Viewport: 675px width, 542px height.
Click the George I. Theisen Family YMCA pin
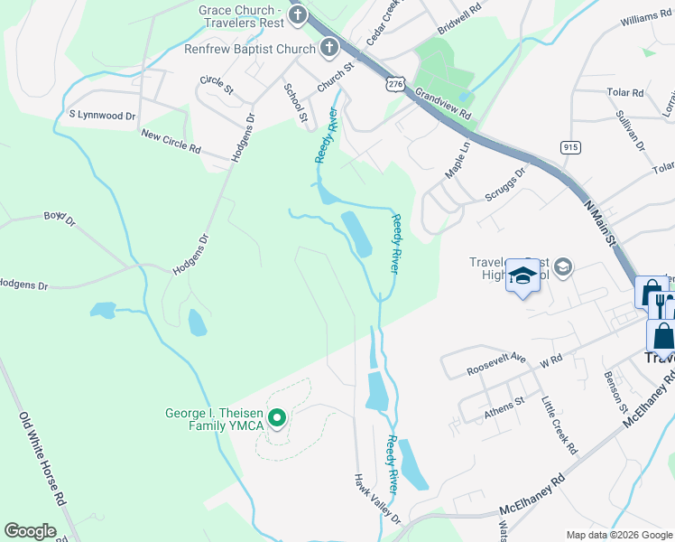pos(278,418)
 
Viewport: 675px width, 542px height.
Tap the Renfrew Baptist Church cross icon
pos(329,47)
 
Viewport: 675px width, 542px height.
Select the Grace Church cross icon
pos(299,16)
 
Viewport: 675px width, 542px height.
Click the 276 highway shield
pos(394,83)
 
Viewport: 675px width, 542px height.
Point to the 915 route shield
pos(569,146)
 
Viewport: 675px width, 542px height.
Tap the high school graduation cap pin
pos(522,276)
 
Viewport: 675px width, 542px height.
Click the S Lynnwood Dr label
pos(102,116)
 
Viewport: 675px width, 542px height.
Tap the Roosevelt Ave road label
pos(496,363)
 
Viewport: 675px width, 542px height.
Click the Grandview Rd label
pos(443,104)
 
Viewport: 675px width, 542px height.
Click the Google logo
pos(30,531)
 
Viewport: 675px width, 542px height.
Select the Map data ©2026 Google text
pos(619,535)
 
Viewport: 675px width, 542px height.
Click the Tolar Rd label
pos(624,92)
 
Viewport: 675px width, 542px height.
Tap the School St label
pos(295,102)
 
